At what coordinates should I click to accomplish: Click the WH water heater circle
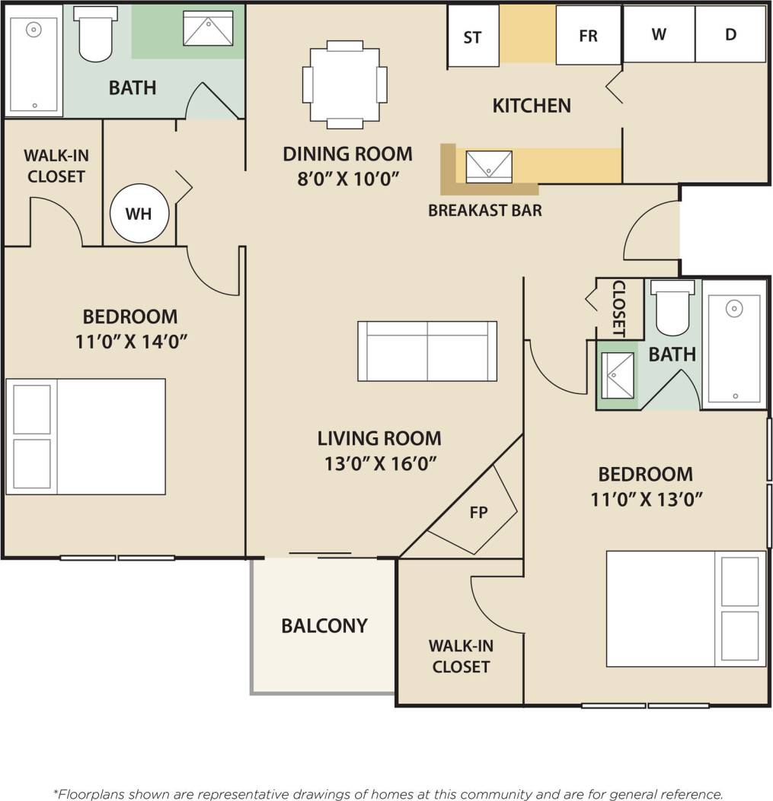[x=138, y=214]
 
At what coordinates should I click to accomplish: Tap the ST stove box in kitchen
[x=472, y=36]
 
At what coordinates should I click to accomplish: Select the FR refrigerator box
[x=588, y=36]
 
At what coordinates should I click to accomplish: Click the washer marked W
[x=659, y=34]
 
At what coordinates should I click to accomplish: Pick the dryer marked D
[x=730, y=34]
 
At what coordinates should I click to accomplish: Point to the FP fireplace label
[x=478, y=512]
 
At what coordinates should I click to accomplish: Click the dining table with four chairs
[x=345, y=84]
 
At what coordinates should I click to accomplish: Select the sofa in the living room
[x=427, y=351]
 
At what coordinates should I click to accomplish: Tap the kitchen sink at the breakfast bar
[x=488, y=167]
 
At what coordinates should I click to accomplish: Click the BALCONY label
[x=324, y=625]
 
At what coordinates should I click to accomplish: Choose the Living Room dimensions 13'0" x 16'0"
[x=379, y=462]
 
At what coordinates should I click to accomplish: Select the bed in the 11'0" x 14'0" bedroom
[x=86, y=437]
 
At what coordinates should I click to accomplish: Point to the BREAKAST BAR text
[x=485, y=211]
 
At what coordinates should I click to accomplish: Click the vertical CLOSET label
[x=618, y=309]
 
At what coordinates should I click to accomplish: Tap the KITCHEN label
[x=532, y=105]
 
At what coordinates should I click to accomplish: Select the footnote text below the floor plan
[x=387, y=793]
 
